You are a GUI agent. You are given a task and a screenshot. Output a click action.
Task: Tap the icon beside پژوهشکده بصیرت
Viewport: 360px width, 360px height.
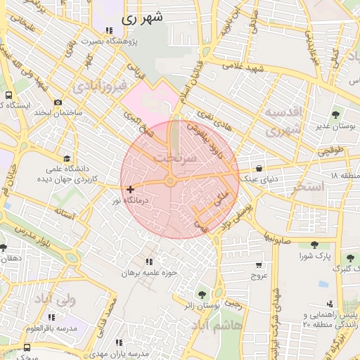(x=108, y=30)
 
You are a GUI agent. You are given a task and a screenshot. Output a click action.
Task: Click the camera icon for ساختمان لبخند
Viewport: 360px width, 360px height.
(x=58, y=103)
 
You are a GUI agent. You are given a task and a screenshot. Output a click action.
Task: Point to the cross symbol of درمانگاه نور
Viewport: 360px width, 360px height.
(x=130, y=189)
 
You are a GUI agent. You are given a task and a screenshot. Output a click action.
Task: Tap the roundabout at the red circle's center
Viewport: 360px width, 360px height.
(x=171, y=181)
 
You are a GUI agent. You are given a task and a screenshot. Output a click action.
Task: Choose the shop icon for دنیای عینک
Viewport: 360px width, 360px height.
(x=261, y=168)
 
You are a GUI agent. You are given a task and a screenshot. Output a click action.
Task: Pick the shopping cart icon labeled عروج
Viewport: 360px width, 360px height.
(x=259, y=265)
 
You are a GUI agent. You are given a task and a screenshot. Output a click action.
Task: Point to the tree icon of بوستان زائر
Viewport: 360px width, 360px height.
(x=202, y=294)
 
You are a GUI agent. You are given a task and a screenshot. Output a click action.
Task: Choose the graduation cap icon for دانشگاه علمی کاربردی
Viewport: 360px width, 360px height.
(x=67, y=158)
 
